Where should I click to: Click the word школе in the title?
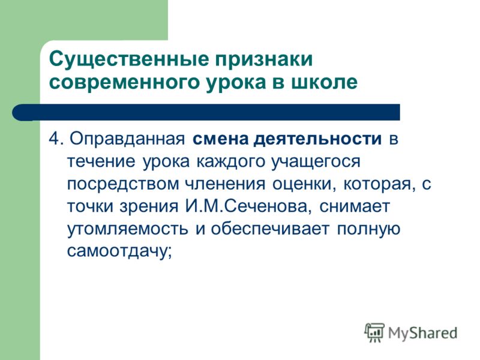pyautogui.click(x=324, y=83)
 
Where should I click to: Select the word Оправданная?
pyautogui.click(x=127, y=140)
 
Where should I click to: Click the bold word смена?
pyautogui.click(x=220, y=140)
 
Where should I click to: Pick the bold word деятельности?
pyautogui.click(x=318, y=140)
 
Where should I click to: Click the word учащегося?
pyautogui.click(x=316, y=162)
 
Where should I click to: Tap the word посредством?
pyautogui.click(x=122, y=184)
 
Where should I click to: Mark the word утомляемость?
pyautogui.click(x=127, y=229)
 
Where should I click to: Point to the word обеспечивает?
pyautogui.click(x=270, y=229)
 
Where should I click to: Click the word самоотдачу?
pyautogui.click(x=119, y=251)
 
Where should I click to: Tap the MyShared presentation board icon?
pyautogui.click(x=374, y=332)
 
